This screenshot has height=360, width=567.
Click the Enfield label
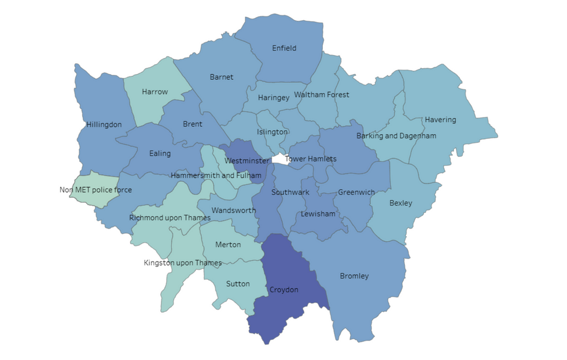pyautogui.click(x=284, y=48)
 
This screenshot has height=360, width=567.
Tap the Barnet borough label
pyautogui.click(x=221, y=77)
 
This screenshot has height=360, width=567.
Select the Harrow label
pyautogui.click(x=155, y=91)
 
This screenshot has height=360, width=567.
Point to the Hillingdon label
pyautogui.click(x=104, y=124)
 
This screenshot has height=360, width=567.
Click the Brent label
pyautogui.click(x=193, y=124)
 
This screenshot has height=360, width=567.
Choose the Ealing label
pyautogui.click(x=160, y=153)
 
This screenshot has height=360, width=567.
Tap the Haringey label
pyautogui.click(x=274, y=97)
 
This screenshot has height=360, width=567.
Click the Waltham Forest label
pyautogui.click(x=322, y=94)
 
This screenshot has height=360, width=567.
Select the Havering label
pyautogui.click(x=440, y=120)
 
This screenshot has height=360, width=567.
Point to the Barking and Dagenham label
pyautogui.click(x=396, y=135)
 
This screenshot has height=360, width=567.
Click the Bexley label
pyautogui.click(x=401, y=203)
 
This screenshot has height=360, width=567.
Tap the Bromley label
pyautogui.click(x=354, y=276)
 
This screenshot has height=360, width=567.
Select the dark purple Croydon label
pyautogui.click(x=284, y=289)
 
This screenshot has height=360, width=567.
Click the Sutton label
pyautogui.click(x=238, y=284)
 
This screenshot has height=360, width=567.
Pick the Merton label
pyautogui.click(x=228, y=244)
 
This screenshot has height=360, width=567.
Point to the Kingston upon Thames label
pyautogui.click(x=183, y=263)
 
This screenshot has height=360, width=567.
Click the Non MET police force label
pyautogui.click(x=95, y=190)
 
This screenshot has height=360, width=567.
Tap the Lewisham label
pyautogui.click(x=318, y=214)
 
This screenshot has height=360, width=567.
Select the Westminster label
pyautogui.click(x=246, y=160)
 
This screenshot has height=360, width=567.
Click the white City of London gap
pyautogui.click(x=278, y=159)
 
